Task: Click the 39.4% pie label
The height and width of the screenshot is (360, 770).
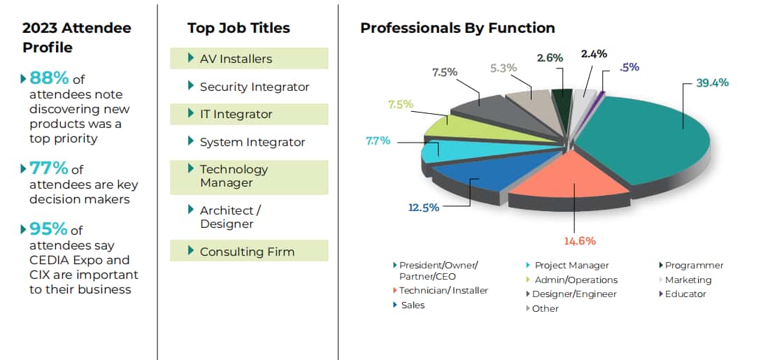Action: click(712, 82)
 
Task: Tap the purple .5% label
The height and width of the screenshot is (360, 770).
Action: click(629, 67)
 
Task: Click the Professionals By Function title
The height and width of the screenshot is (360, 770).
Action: click(457, 28)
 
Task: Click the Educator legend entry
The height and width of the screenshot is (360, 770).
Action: click(685, 294)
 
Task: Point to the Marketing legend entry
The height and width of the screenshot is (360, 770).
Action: click(688, 280)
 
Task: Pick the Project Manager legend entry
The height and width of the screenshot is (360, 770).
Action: click(571, 266)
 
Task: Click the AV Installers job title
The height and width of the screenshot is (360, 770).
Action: click(236, 59)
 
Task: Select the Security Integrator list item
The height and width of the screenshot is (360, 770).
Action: click(254, 87)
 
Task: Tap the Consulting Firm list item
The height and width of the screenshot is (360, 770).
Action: click(247, 252)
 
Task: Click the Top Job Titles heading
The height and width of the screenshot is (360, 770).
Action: click(238, 28)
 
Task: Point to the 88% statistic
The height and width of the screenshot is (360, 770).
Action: click(49, 78)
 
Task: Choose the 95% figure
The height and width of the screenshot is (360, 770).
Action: click(49, 229)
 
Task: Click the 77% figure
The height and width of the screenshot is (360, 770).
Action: click(49, 168)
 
